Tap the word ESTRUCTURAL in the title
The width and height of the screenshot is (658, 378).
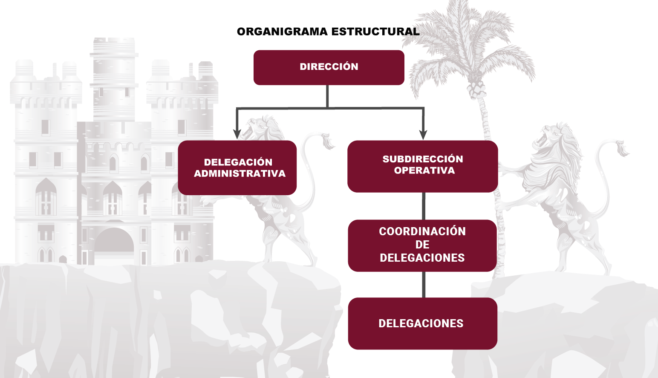click(x=375, y=32)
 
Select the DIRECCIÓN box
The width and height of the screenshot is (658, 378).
click(x=329, y=67)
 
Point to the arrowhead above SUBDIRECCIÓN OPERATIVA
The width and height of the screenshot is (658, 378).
click(x=423, y=134)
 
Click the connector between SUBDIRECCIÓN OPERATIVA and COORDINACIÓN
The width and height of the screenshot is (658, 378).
click(x=424, y=206)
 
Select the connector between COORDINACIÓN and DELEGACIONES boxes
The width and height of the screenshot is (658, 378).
click(x=424, y=284)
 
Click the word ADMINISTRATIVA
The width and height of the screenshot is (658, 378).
click(x=240, y=173)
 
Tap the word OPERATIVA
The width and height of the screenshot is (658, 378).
click(x=424, y=170)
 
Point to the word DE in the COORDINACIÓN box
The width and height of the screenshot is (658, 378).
click(x=422, y=245)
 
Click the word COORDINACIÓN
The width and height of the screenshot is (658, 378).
click(x=422, y=231)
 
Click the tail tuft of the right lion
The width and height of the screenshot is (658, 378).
click(x=622, y=149)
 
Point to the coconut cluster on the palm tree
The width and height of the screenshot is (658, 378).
click(x=476, y=89)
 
